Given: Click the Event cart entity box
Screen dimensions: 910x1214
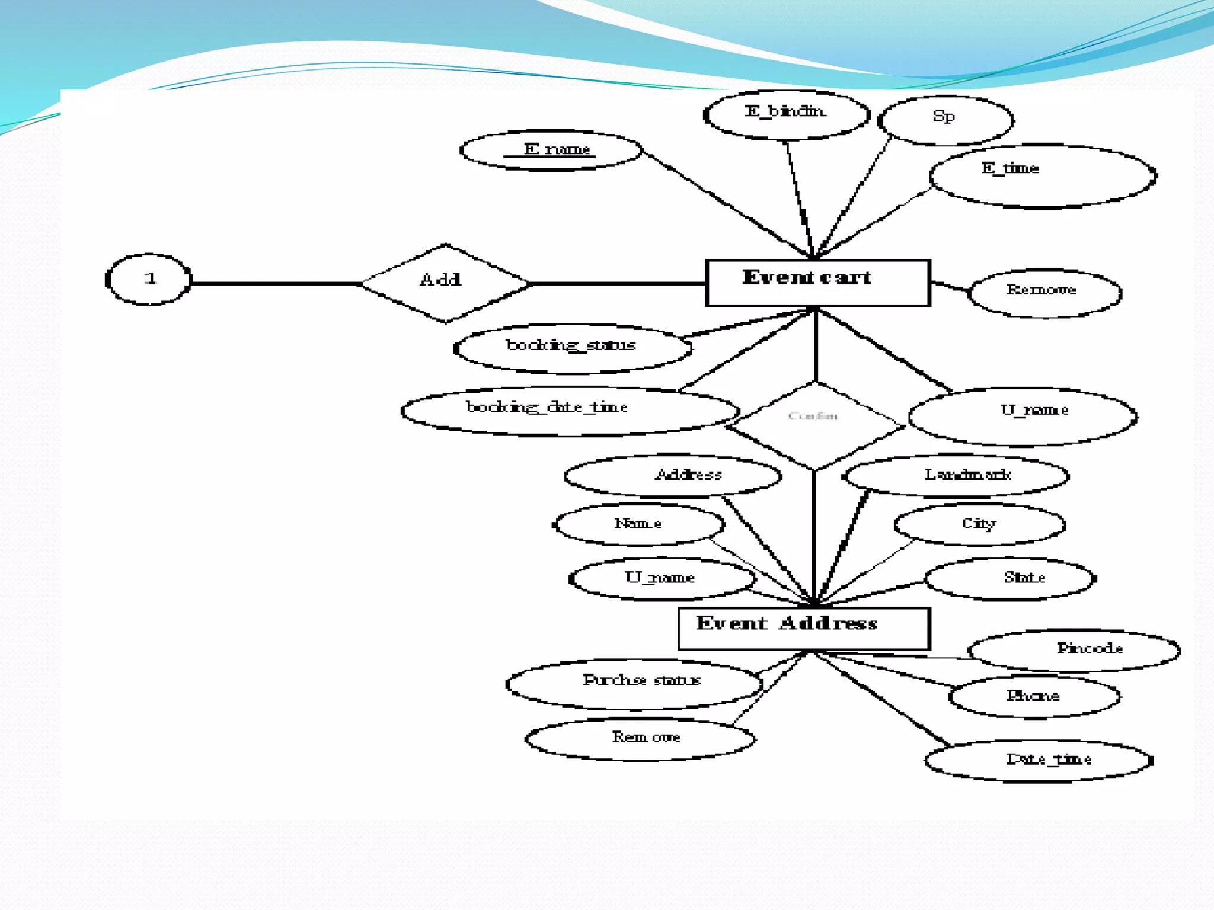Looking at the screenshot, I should click(817, 283).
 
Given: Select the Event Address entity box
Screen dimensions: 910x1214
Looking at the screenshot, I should click(804, 628).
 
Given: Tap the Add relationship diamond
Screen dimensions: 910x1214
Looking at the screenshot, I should click(445, 283).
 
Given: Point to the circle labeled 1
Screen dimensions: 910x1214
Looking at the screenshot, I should click(149, 279).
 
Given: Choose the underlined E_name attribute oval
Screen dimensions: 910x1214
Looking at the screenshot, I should click(551, 150).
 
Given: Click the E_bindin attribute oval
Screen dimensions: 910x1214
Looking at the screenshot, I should click(786, 114).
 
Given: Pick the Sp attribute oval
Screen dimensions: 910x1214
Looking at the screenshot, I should click(945, 120).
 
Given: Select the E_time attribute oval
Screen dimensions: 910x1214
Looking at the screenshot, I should click(1043, 176).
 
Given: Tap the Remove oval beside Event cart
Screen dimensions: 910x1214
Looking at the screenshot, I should click(1044, 293).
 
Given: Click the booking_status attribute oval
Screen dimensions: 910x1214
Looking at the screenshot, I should click(572, 348).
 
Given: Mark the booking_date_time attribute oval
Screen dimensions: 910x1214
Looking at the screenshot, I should click(569, 411).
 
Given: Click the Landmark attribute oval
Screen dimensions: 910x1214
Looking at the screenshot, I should click(956, 475).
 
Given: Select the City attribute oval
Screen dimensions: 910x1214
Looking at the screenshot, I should click(979, 524).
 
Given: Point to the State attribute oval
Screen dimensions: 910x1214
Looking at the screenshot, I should click(1010, 578).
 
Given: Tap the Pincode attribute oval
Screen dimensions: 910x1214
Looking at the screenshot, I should click(1074, 650).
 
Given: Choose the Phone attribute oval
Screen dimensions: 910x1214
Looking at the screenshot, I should click(1034, 697).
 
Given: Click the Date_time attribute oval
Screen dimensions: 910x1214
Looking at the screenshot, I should click(1039, 761).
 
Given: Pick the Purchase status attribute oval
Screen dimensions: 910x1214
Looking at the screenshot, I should click(634, 684).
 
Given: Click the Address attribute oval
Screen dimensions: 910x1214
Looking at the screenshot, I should click(673, 475).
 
